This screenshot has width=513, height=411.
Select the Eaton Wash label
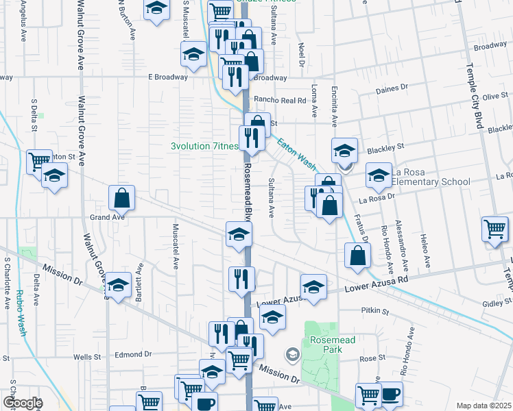point(297,153)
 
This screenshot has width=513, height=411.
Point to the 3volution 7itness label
point(204,146)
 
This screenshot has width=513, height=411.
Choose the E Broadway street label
point(168,77)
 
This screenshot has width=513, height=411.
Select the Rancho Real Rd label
point(279,100)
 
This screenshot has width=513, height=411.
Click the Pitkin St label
point(375,311)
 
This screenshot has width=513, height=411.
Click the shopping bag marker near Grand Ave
point(121,199)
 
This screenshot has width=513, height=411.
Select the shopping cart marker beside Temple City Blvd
point(494,229)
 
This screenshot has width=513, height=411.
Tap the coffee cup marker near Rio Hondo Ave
point(391,394)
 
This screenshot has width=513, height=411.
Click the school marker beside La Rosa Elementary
point(379,176)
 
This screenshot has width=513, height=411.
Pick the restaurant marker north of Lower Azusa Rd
point(241,279)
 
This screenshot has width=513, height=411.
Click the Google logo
point(22,403)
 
